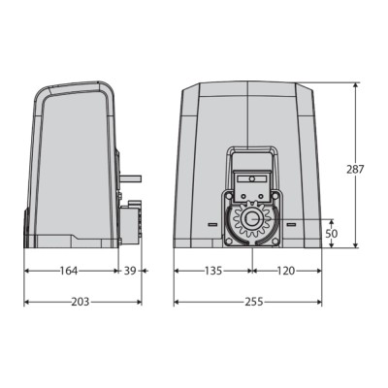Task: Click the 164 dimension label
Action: (x=69, y=271)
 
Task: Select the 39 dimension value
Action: (x=130, y=271)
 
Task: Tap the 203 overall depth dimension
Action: (x=80, y=302)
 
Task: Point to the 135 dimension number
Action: (x=213, y=271)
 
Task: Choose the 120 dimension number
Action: (x=286, y=271)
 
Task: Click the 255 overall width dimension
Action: (x=254, y=302)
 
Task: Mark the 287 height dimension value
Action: (x=355, y=169)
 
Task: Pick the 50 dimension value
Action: (x=332, y=234)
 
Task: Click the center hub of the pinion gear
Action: (x=252, y=220)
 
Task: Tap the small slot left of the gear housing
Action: (x=212, y=224)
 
